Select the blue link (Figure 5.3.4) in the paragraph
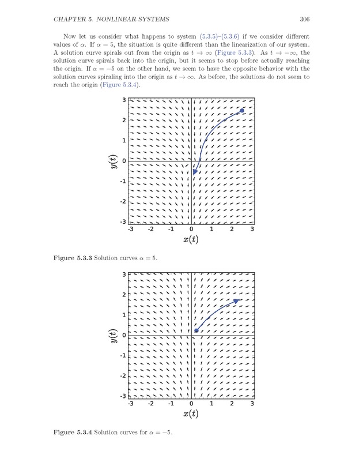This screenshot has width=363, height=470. click(119, 85)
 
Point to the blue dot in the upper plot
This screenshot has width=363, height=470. click(241, 111)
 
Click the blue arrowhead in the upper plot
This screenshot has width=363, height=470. click(195, 171)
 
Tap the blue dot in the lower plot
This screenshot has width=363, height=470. click(196, 330)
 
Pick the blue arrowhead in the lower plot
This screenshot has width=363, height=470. click(236, 301)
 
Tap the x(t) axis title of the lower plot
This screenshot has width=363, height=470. click(191, 413)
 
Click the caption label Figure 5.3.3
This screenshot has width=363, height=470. click(72, 257)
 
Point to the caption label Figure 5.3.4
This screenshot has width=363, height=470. click(72, 432)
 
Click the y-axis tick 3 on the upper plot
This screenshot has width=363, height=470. click(124, 100)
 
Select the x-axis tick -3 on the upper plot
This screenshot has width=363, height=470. click(130, 229)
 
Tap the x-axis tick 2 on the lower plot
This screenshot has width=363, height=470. click(232, 403)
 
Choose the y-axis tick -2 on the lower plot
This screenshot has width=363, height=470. click(123, 376)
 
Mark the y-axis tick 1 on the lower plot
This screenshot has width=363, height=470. click(124, 315)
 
